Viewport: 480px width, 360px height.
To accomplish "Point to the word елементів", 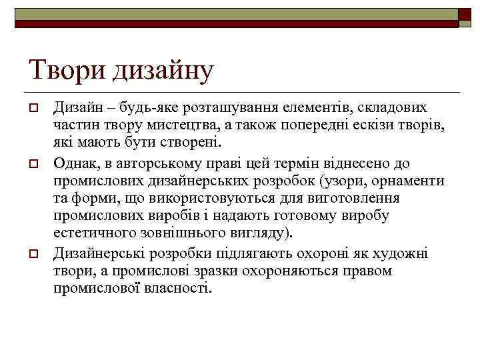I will pyautogui.click(x=307, y=108).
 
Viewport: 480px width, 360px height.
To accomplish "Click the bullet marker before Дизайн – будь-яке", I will pyautogui.click(x=32, y=109).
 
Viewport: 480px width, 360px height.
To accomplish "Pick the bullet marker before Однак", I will pyautogui.click(x=32, y=163).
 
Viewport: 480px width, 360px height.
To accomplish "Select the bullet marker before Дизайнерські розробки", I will pyautogui.click(x=32, y=254).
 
